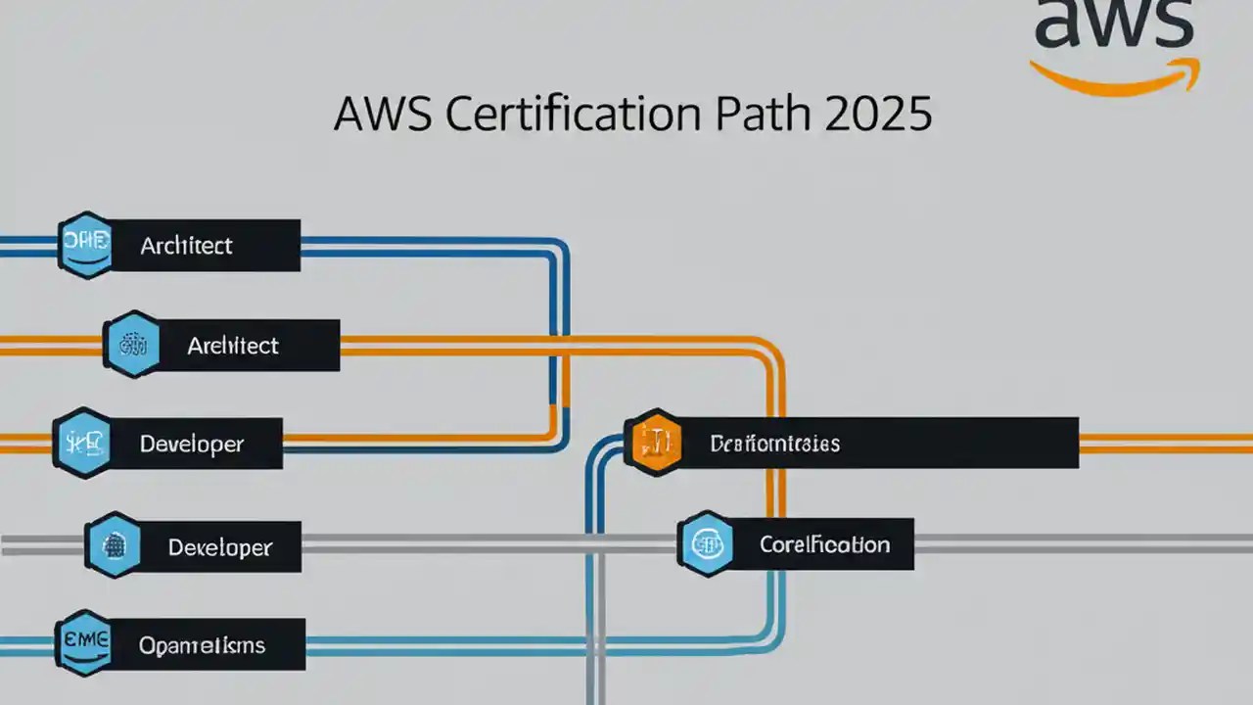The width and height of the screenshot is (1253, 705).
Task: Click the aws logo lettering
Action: point(1114,24)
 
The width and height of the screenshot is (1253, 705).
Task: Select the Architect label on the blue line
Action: point(186,246)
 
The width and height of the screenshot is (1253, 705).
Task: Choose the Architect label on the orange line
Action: point(233,346)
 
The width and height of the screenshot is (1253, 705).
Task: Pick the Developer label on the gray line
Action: point(219,547)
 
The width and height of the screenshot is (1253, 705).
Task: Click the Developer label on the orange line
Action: point(192,444)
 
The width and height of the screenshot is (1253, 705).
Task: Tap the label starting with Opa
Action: point(202,645)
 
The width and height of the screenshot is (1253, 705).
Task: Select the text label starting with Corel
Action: point(824,544)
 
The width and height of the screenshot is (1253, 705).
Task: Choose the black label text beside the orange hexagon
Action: point(774,444)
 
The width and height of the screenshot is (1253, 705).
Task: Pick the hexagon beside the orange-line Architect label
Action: point(132,345)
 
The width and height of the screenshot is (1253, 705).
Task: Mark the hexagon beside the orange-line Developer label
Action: point(83,444)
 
